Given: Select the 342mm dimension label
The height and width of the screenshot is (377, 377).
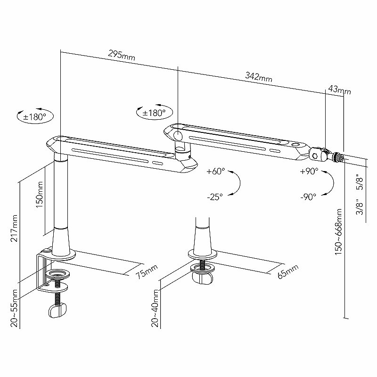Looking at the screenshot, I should (x=259, y=76).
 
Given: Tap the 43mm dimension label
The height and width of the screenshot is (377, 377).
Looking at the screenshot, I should (x=340, y=90).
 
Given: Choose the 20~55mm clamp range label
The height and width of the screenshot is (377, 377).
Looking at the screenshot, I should (x=15, y=308).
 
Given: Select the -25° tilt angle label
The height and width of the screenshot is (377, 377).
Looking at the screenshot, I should (x=214, y=197).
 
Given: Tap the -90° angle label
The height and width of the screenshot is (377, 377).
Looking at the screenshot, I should (x=309, y=197).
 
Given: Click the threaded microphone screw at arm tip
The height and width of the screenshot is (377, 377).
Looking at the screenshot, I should (x=339, y=157).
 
